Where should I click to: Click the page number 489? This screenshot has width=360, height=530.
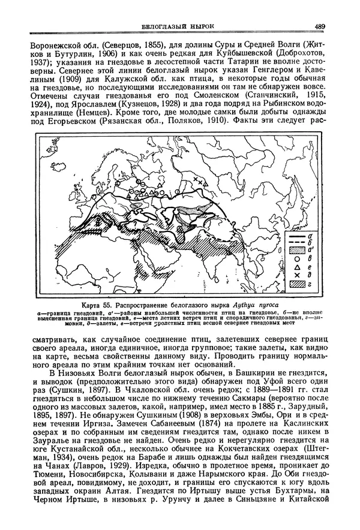pos(319,26)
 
